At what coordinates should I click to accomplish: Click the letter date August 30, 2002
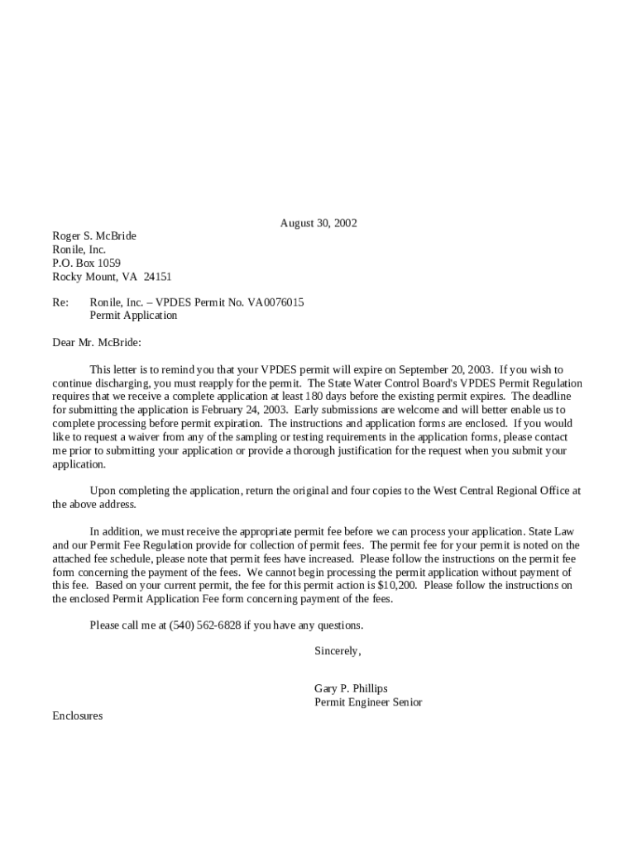pos(318,223)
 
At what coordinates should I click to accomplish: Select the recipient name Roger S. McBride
pos(94,236)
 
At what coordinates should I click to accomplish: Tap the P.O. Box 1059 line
pos(87,264)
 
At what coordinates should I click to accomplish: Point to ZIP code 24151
pos(157,278)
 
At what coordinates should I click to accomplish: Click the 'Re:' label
pos(60,302)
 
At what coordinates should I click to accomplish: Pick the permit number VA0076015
pos(270,302)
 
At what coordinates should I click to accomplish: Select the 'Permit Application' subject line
pos(133,316)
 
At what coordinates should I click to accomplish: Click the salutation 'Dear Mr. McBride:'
pos(97,342)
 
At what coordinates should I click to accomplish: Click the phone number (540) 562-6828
pos(205,625)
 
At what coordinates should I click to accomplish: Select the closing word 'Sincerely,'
pos(338,651)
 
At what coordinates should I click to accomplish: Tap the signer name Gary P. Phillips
pos(351,689)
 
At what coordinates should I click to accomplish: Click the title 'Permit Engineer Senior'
pos(368,702)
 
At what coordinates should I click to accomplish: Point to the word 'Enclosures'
pos(78,716)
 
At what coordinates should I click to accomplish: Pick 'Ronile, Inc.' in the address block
pos(79,250)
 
